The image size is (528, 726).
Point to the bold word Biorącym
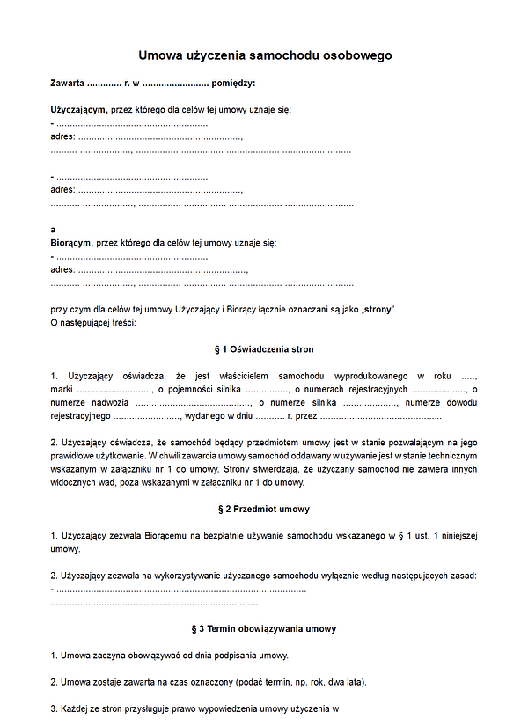click(x=69, y=242)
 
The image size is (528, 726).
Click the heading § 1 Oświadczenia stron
click(x=263, y=349)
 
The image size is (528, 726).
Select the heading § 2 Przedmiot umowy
click(x=263, y=509)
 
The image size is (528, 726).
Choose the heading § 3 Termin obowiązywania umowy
click(x=263, y=629)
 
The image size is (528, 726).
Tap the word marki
click(x=62, y=389)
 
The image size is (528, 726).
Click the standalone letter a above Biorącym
click(x=54, y=229)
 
